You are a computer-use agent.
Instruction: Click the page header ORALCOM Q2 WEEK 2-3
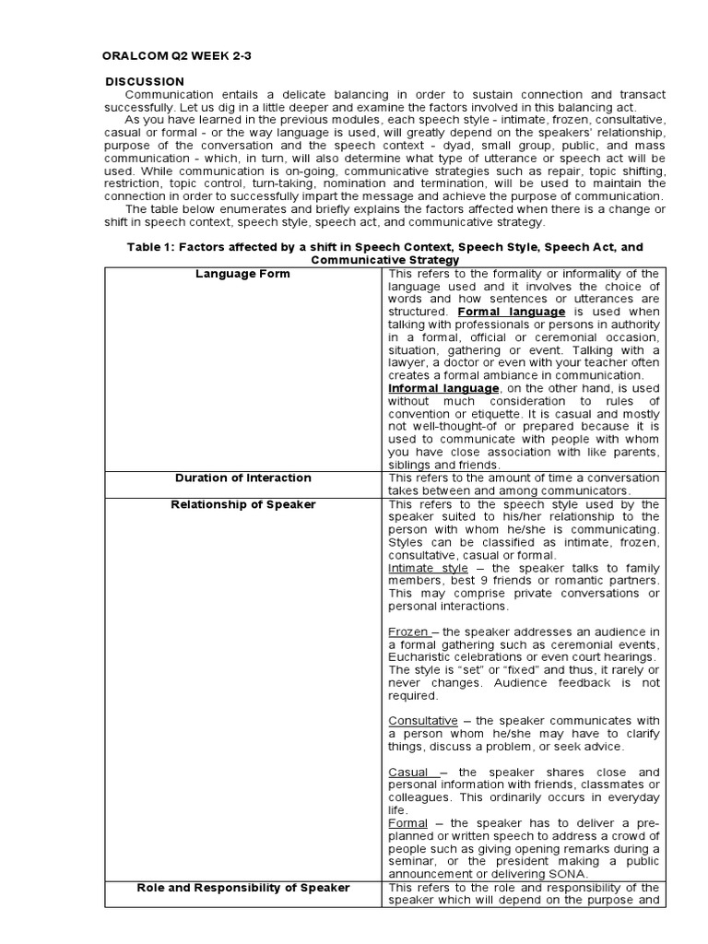click(176, 56)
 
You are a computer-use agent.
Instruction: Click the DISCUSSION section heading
click(145, 82)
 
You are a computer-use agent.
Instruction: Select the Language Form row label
click(243, 274)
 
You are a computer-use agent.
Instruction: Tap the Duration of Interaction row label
click(243, 478)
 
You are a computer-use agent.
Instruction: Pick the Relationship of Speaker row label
click(243, 504)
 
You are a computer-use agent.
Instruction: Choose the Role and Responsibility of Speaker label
click(243, 887)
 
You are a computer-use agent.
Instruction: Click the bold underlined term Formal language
click(512, 312)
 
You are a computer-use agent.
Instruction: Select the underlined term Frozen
click(408, 631)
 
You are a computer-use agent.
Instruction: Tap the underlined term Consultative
click(423, 721)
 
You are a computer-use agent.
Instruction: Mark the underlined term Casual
click(409, 772)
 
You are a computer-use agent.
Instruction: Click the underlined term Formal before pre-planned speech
click(408, 822)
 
